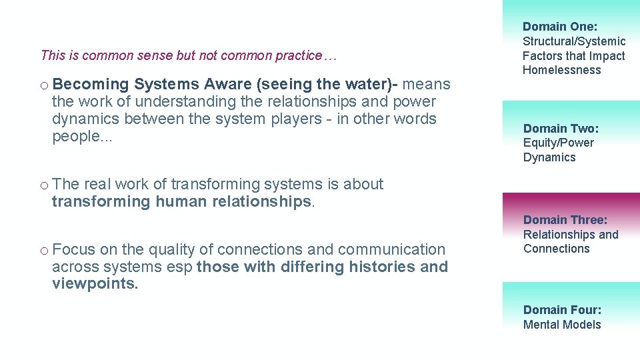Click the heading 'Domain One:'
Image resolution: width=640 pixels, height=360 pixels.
click(560, 27)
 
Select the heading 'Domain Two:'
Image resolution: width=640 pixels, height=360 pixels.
click(561, 129)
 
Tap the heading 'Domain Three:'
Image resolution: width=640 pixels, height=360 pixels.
click(565, 220)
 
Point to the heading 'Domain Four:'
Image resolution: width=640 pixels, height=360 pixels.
click(562, 310)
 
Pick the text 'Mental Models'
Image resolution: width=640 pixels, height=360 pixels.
click(562, 325)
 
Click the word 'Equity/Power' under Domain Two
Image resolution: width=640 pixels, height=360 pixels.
click(558, 143)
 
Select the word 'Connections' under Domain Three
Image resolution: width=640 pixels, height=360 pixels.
click(556, 249)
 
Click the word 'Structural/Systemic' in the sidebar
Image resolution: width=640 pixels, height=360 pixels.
click(574, 41)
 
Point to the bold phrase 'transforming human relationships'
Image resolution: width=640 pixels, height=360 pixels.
click(181, 201)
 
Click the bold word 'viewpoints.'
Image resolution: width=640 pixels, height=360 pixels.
click(95, 284)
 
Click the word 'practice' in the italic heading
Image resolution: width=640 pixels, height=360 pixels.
click(297, 55)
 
